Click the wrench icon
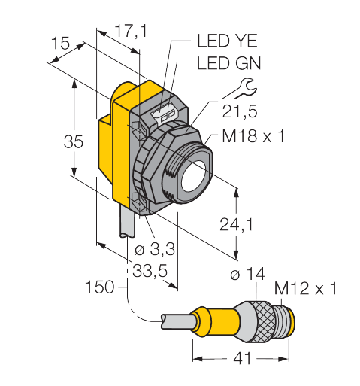coord(238,89)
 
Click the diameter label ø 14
coord(246,275)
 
